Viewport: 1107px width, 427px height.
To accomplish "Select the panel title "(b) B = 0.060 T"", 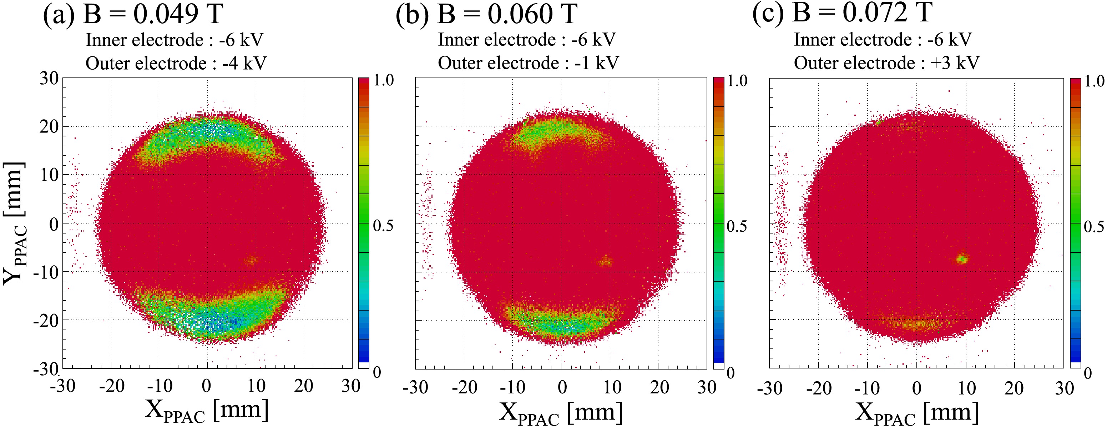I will (x=486, y=14).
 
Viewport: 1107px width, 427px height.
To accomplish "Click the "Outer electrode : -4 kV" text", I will (x=176, y=64).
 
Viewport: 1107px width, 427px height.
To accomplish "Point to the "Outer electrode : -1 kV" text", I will (x=528, y=63).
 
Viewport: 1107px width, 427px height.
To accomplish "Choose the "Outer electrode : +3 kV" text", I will (x=886, y=63).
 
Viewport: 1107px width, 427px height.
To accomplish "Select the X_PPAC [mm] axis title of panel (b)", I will (x=560, y=413).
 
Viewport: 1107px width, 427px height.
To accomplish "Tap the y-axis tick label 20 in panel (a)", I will (x=49, y=126).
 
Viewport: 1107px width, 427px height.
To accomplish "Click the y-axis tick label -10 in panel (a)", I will (x=46, y=272).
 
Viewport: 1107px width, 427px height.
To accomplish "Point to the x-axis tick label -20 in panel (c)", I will (x=819, y=388).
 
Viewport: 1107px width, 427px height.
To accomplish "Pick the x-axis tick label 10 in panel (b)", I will (x=612, y=387).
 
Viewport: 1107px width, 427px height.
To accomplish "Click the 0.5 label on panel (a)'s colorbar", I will (x=383, y=225).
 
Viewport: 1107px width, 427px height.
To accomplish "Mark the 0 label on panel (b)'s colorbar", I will (x=730, y=373).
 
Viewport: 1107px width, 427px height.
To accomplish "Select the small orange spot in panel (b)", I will (x=606, y=261).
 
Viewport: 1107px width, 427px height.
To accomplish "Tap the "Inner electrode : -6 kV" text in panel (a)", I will (x=174, y=40).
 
